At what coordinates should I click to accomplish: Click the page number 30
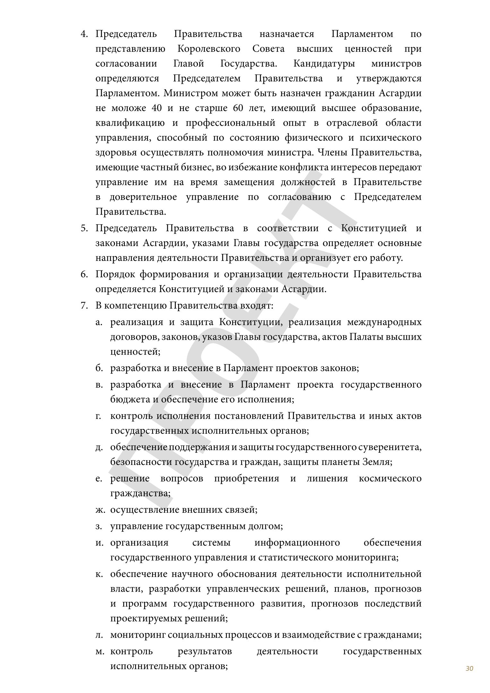(x=469, y=668)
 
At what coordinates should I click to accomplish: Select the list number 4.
(x=84, y=34)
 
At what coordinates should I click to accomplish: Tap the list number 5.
(x=84, y=228)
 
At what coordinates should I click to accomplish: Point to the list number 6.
(x=84, y=274)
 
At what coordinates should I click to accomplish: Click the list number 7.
(x=84, y=305)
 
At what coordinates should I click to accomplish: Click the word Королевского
(x=209, y=49)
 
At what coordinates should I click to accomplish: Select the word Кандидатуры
(x=324, y=64)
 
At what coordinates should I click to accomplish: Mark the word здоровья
(x=116, y=152)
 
